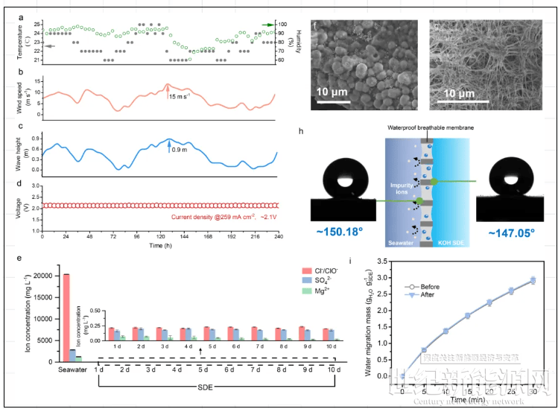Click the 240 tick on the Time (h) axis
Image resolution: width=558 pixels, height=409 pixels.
(x=276, y=237)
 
